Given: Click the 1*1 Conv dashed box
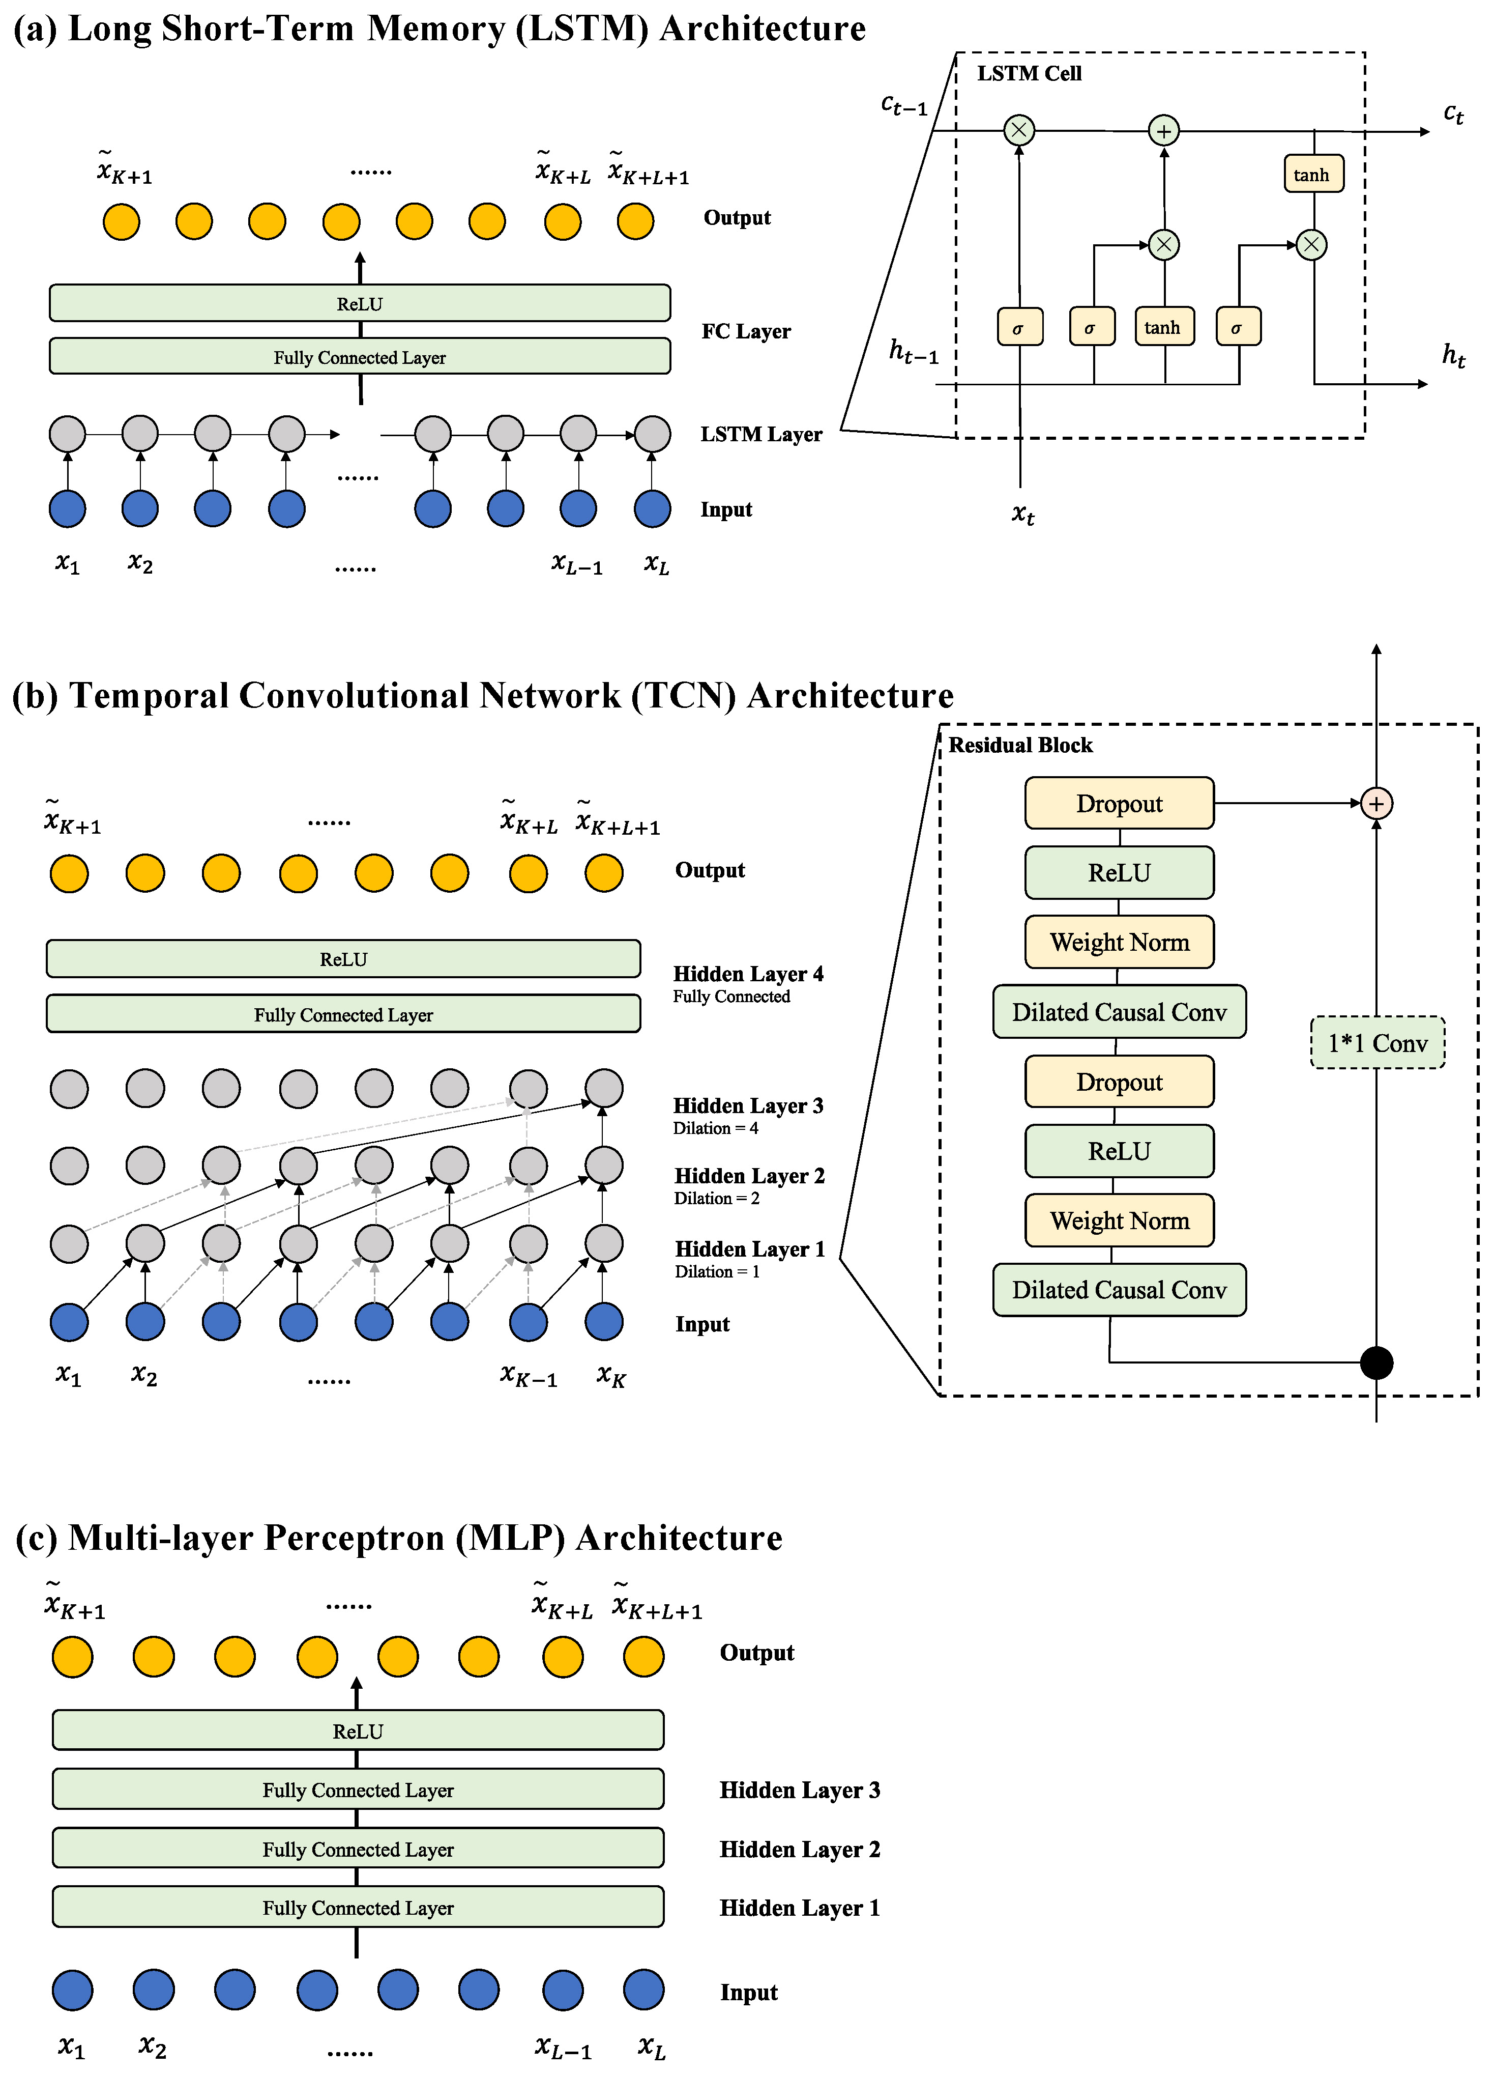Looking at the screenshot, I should point(1377,1042).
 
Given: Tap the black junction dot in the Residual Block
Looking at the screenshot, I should point(1376,1363).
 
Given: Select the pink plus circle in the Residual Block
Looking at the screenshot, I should point(1376,804).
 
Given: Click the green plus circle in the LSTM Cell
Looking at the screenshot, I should point(1163,131).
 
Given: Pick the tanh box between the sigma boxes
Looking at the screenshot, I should point(1163,326).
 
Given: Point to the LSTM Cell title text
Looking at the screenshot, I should point(1029,74).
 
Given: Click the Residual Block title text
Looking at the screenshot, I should point(1020,745).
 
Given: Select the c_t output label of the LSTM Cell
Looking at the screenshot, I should point(1453,113).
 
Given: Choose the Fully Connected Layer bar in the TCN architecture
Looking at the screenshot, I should point(343,1014).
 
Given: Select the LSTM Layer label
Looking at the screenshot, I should point(760,434).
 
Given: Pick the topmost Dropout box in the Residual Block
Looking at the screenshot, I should point(1120,804).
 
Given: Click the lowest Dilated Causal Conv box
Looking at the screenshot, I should point(1120,1290).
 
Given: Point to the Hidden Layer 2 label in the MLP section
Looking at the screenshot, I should point(800,1849).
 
